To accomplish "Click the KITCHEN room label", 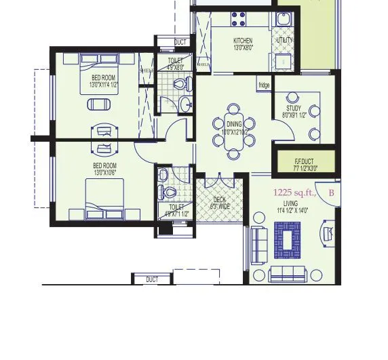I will coord(243,41).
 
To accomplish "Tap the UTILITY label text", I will coord(283,41).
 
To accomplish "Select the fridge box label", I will coord(264,85).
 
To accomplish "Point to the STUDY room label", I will coord(293,108).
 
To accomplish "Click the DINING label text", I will coord(234,125).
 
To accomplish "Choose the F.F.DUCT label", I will coord(305,161).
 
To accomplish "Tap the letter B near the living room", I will coord(331,193).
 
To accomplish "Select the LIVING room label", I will coord(291,203).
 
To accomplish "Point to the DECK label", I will coord(220,199).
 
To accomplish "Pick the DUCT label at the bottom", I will coord(152,279).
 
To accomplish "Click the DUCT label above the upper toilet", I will coord(180,43).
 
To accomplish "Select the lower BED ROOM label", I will coord(105,165).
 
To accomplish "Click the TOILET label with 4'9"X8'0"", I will coord(175,60).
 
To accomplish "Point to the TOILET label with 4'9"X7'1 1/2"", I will coord(176,207).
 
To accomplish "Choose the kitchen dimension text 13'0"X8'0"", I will coord(243,48).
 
